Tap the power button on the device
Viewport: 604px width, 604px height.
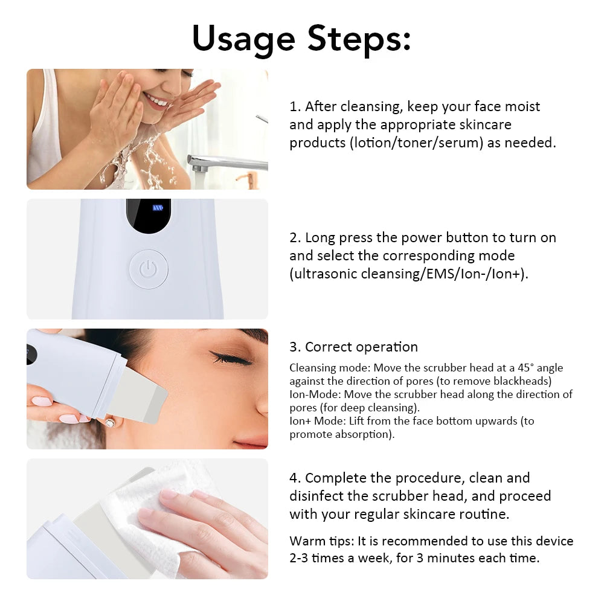(148, 269)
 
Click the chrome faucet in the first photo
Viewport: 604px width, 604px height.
(223, 162)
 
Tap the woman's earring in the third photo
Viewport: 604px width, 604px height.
(109, 423)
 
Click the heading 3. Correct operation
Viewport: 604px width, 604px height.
(353, 347)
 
